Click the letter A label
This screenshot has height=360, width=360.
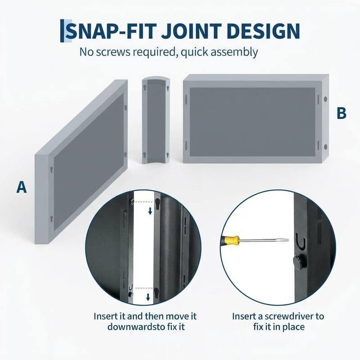coord(22,187)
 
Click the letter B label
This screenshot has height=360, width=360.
coord(342,113)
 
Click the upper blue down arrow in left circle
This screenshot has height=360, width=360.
coord(150,211)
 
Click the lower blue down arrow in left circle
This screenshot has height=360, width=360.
coord(148,297)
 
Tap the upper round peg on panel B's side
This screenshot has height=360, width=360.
coord(325,99)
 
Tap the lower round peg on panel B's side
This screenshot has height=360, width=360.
coord(325,147)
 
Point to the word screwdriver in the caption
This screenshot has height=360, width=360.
coord(289,316)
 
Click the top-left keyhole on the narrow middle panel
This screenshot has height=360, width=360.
coord(145,88)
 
